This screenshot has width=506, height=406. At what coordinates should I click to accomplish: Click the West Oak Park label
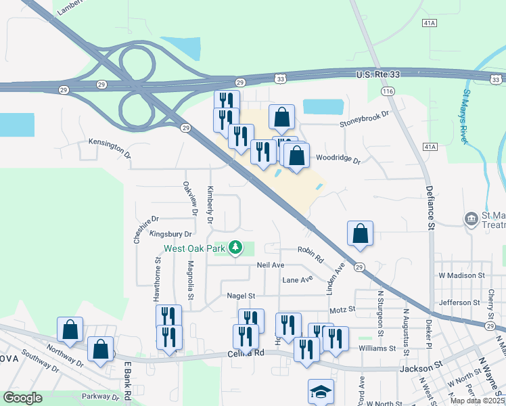point(195,248)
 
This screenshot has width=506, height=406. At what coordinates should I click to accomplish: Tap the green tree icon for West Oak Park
point(235,248)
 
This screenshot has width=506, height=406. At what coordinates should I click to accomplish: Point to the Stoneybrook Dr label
point(365,119)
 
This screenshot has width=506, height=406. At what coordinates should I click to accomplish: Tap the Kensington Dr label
point(110,147)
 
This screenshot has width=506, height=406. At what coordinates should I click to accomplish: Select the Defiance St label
point(428,207)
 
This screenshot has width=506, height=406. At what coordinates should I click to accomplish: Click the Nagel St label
point(241,295)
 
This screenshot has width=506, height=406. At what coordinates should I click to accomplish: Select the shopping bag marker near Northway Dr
point(70,329)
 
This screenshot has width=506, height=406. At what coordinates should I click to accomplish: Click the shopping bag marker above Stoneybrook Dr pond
point(281,117)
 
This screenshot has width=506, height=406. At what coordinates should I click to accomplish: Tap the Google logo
point(22,398)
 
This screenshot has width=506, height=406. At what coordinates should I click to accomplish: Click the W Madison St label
point(462,275)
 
